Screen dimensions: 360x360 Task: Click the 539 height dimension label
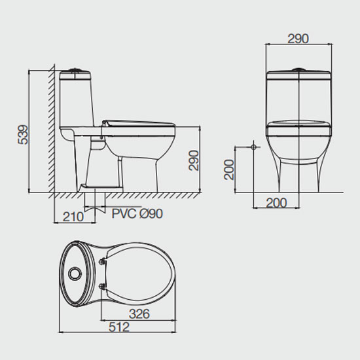point(23,135)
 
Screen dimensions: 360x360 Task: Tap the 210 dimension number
point(73,217)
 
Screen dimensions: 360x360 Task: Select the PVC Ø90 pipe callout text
point(137,213)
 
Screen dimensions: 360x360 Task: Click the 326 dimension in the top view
point(139,314)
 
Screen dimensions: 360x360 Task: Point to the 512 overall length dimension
point(119,327)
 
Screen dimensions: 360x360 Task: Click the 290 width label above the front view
point(298,39)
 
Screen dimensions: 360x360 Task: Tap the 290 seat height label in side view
point(194,160)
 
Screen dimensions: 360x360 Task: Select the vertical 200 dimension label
point(229,170)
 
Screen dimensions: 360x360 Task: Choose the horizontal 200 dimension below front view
point(276,203)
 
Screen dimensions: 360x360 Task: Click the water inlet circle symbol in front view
point(253,147)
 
